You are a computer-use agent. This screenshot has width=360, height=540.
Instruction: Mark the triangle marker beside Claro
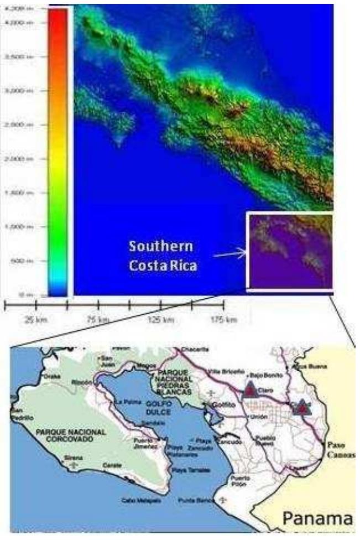click(x=250, y=391)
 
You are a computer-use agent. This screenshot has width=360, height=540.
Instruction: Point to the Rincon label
click(x=81, y=382)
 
